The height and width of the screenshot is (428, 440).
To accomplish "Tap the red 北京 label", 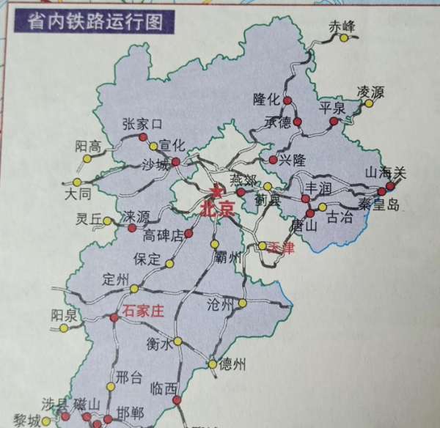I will (216, 209).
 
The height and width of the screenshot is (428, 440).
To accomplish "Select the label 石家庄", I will (143, 310).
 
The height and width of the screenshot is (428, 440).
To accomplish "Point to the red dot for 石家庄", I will (114, 317).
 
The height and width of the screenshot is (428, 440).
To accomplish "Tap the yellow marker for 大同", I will (77, 182).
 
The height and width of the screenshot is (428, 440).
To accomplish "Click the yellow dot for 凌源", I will (369, 103).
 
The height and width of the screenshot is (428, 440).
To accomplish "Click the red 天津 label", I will (280, 248).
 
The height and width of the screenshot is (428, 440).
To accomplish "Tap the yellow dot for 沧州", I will (242, 303).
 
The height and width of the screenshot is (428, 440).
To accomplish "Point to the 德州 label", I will (232, 363).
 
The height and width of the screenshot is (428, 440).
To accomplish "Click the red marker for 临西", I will (177, 400).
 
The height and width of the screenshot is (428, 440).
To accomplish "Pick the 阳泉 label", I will (65, 314).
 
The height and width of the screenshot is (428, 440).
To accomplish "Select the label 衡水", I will (159, 342).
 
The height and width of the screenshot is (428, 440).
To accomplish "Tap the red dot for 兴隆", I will (274, 159).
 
